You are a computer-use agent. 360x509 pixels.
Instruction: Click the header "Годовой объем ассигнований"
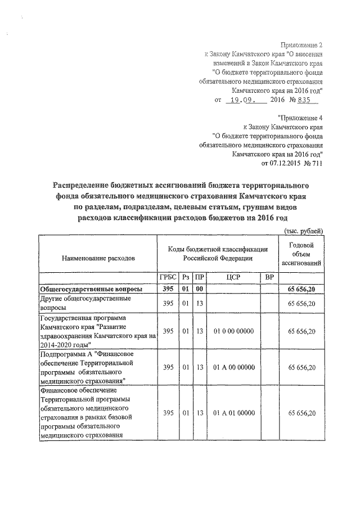point(304,253)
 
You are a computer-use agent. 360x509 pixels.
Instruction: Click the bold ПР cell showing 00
point(199,289)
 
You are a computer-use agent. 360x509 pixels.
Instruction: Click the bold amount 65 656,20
point(304,289)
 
